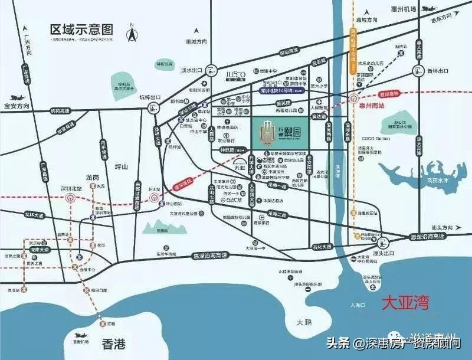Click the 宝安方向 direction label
click(x=17, y=106)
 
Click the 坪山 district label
click(x=121, y=167)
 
